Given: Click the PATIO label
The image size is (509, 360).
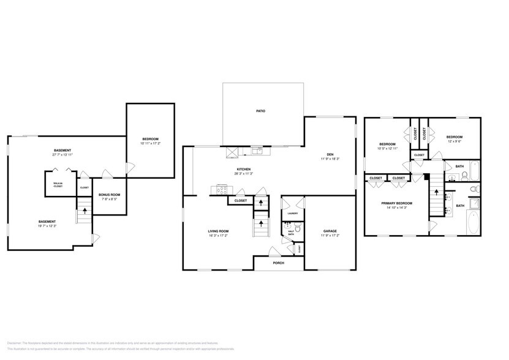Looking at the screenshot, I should (x=260, y=111).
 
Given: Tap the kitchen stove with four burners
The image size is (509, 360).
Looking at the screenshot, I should (x=221, y=189).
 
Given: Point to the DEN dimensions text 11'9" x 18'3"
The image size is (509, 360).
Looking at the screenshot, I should (x=330, y=159).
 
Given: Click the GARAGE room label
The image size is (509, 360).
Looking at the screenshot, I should (x=330, y=231).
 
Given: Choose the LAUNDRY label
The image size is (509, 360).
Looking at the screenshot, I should (x=293, y=212).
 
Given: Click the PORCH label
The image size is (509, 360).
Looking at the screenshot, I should (x=278, y=263).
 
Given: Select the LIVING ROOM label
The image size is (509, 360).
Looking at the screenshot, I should (x=218, y=231).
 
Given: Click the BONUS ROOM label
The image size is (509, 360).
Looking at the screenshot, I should (x=110, y=195).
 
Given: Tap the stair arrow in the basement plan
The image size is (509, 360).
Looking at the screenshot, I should (x=85, y=210).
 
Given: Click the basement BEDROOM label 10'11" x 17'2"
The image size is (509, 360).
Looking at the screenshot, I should (x=150, y=140).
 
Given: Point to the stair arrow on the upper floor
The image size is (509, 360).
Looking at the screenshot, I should (x=436, y=191).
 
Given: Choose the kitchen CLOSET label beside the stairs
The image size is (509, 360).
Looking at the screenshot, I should (x=241, y=200).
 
